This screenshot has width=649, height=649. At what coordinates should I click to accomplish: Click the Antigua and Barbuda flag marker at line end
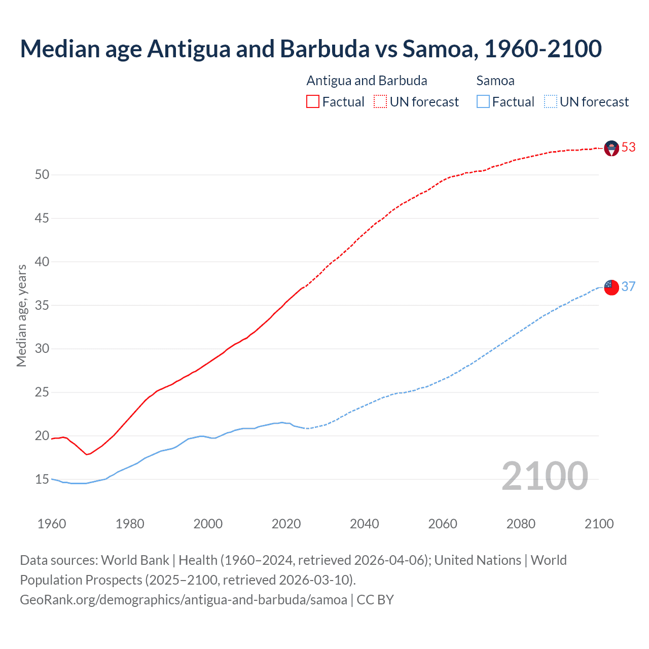tap(611, 148)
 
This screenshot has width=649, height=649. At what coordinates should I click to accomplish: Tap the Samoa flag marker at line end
tap(611, 287)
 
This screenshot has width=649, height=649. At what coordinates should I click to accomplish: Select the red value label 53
tap(629, 147)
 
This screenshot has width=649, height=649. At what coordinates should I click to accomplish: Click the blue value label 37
tap(629, 286)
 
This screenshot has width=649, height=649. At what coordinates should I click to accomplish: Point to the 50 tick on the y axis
tap(42, 175)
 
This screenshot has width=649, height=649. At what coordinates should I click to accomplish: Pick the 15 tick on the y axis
tap(42, 479)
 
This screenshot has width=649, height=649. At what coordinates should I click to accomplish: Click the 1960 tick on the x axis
tap(52, 524)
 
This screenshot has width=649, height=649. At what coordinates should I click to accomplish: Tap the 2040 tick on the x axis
tap(364, 524)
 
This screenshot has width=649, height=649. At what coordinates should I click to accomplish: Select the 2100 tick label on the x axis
tap(599, 524)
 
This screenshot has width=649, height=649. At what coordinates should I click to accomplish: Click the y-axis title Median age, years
tap(21, 315)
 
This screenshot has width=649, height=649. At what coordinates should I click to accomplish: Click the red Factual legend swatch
tap(313, 102)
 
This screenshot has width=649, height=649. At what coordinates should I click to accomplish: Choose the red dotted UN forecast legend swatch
tap(380, 102)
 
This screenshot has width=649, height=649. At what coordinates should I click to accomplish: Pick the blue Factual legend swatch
tap(483, 102)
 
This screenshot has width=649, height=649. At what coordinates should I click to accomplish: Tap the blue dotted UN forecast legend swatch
tap(550, 102)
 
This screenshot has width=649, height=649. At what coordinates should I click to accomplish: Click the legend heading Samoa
tap(495, 81)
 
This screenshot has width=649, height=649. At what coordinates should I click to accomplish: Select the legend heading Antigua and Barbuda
tap(367, 81)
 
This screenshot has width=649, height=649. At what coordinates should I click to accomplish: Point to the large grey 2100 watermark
tap(545, 476)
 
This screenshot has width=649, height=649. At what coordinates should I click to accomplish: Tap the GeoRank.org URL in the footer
tap(184, 599)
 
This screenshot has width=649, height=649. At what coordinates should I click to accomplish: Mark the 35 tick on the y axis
tap(42, 305)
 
